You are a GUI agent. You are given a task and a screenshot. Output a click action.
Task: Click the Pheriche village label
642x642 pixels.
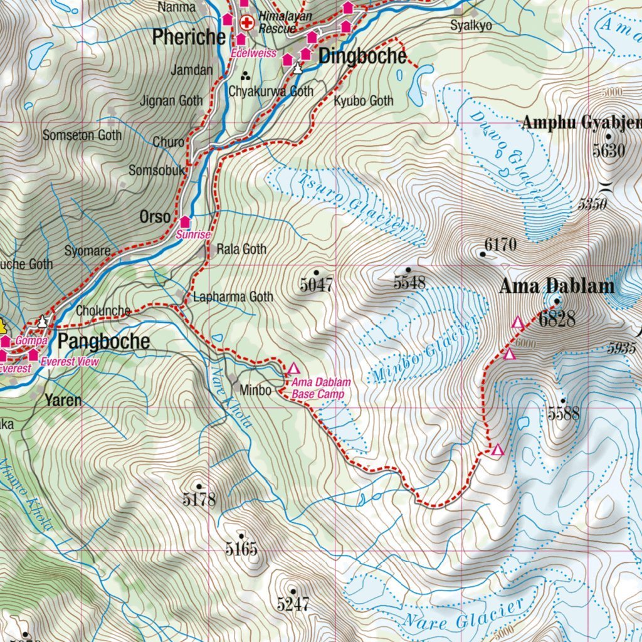(x=189, y=38)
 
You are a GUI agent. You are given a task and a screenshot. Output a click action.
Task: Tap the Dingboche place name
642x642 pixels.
(x=362, y=56)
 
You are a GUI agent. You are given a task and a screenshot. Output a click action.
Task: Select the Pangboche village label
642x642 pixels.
(x=104, y=342)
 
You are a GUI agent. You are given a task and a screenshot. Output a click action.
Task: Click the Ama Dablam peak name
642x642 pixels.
(x=557, y=287)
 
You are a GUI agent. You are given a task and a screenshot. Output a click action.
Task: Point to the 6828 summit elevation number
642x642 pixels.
(x=557, y=318)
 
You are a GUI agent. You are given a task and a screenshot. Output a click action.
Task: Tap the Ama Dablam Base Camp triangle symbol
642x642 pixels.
(x=293, y=368)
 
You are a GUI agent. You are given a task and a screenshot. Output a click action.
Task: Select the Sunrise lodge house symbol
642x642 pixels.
(x=186, y=221)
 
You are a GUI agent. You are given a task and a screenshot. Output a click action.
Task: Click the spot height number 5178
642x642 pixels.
(x=199, y=499)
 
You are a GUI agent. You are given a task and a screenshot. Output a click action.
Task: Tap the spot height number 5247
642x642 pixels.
(x=293, y=604)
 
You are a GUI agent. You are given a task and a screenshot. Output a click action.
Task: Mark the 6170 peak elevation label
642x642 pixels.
(x=500, y=245)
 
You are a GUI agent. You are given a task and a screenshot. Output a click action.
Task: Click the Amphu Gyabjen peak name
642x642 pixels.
(x=581, y=123)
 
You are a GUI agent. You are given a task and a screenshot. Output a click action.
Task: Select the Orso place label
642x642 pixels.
(x=155, y=217)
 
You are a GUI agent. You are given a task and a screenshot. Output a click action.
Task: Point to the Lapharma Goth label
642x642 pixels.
(x=233, y=297)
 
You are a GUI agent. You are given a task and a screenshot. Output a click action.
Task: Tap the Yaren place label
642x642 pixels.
(x=63, y=399)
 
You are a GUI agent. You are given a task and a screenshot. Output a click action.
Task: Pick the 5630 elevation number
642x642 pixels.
(x=609, y=150)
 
